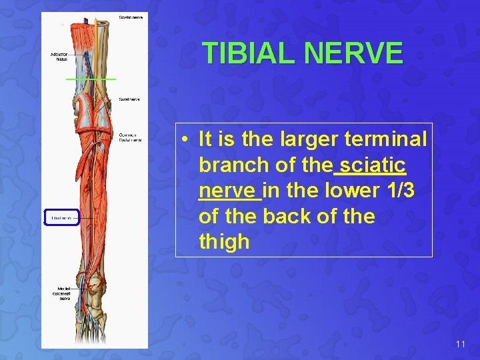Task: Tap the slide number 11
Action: (460, 344)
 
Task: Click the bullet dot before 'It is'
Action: (186, 139)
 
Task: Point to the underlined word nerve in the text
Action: (229, 191)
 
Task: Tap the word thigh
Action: (224, 242)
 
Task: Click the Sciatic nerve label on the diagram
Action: (130, 17)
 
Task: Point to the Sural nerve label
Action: (129, 99)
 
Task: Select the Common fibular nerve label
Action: (130, 137)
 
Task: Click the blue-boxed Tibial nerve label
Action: (61, 218)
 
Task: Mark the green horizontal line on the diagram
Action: (91, 79)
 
